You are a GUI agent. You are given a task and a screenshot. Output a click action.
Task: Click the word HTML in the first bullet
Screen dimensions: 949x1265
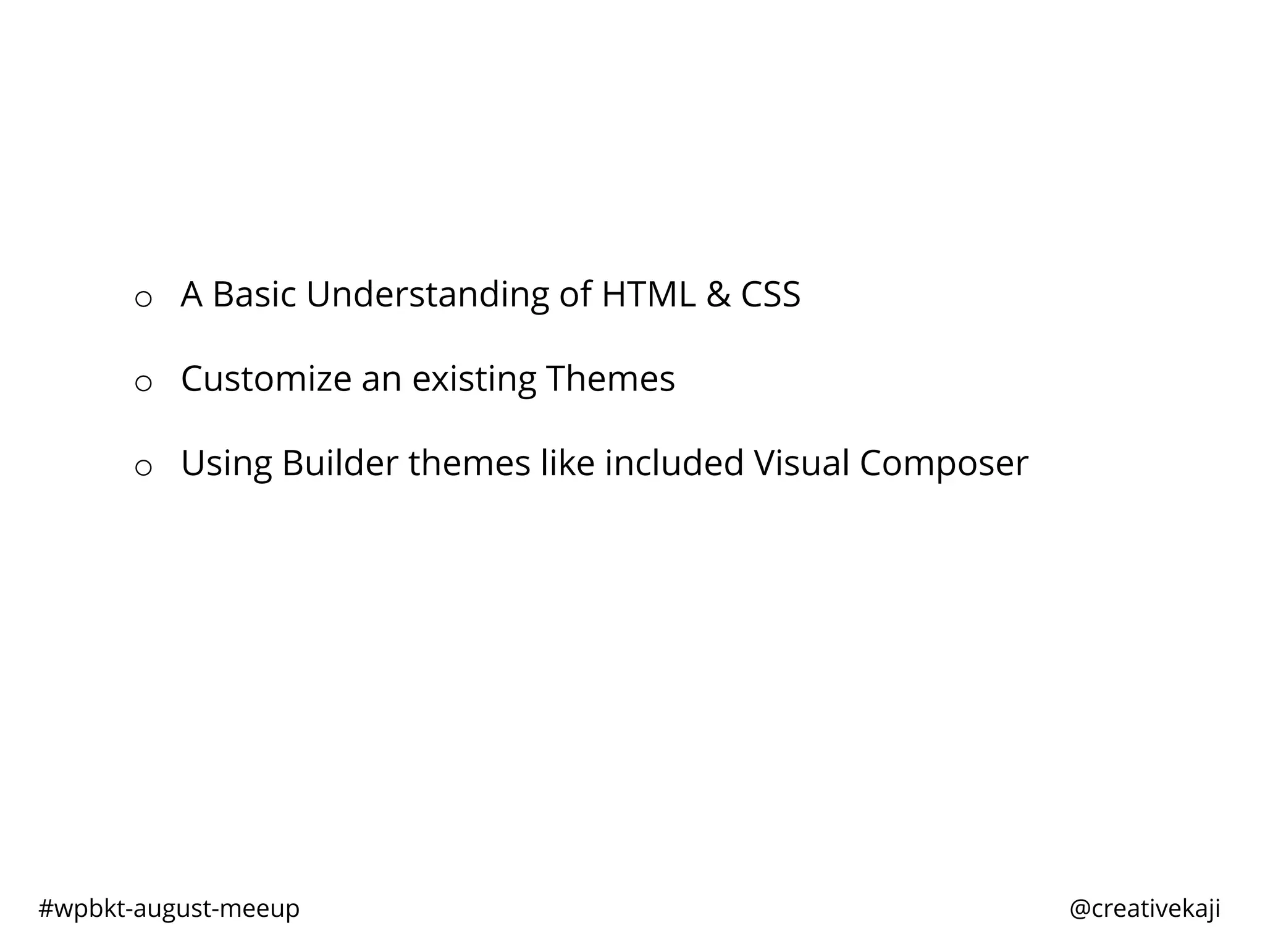648,294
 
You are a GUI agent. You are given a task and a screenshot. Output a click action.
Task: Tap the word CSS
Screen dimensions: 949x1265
770,294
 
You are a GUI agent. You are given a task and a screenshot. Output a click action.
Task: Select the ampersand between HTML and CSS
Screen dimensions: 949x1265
718,294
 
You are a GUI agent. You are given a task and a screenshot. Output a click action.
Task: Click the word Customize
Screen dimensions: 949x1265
266,379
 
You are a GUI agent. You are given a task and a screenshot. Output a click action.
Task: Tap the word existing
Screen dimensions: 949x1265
474,379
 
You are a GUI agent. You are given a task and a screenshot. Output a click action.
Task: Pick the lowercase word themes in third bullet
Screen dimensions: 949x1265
469,463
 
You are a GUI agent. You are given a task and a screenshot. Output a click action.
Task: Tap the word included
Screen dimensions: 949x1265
674,463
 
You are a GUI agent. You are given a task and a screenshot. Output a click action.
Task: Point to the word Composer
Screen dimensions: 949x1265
944,463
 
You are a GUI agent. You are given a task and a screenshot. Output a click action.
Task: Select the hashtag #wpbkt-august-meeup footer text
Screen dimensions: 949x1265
169,909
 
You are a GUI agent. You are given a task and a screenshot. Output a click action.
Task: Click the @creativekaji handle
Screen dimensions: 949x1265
1145,909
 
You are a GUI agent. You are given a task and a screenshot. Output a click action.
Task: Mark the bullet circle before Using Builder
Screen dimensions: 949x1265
143,468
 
